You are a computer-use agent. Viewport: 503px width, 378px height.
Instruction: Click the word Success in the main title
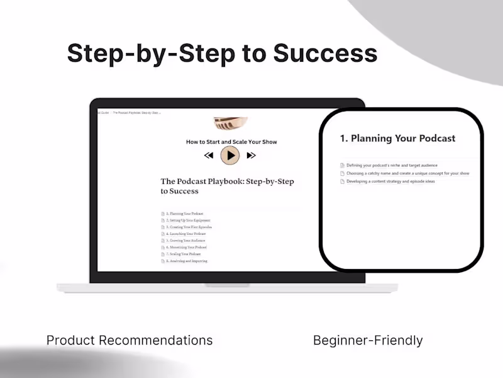tap(325, 54)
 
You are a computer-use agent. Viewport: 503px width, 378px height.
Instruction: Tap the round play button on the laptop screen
tap(230, 155)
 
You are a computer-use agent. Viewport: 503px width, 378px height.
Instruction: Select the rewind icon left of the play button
tap(209, 155)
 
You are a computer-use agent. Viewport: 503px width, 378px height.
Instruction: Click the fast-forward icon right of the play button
tap(251, 155)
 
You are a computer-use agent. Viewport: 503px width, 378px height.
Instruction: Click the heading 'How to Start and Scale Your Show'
tap(231, 142)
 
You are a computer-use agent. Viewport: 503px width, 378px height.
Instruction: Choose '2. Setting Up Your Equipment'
tap(189, 220)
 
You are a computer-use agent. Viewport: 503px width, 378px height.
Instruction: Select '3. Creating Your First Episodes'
tap(190, 227)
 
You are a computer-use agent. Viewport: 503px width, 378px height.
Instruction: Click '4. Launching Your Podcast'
tap(187, 234)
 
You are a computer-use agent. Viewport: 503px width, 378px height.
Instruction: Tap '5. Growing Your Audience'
tap(187, 241)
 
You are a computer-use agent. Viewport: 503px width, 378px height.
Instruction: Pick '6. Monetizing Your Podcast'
tap(188, 248)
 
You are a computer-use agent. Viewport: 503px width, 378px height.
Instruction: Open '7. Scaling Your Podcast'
tap(185, 254)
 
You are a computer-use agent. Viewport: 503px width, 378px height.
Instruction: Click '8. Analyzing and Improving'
tap(188, 261)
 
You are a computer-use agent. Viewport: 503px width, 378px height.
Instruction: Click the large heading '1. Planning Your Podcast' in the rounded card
tap(397, 138)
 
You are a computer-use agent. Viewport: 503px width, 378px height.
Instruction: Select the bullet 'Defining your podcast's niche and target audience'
tap(392, 165)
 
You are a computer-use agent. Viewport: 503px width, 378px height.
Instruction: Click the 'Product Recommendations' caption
tap(130, 341)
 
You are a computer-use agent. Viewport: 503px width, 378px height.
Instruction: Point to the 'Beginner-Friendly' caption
tap(368, 341)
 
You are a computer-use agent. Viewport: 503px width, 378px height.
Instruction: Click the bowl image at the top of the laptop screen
tap(231, 122)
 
